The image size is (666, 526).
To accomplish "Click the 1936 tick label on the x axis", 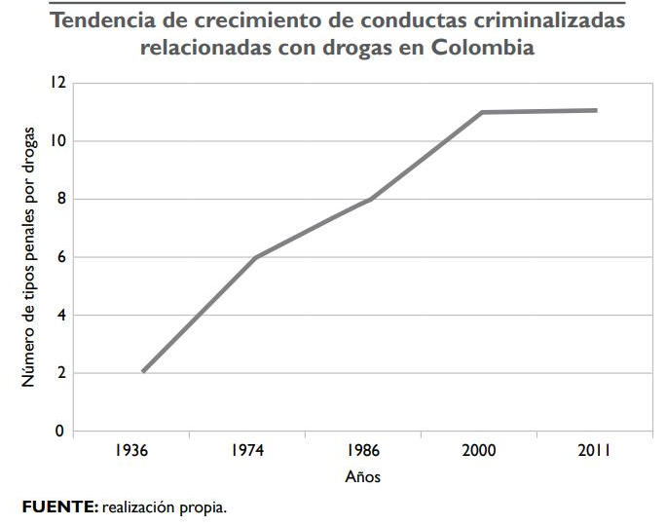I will pos(131,451).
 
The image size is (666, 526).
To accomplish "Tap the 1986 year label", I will pos(362,451).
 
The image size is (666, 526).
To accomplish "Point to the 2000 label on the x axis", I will pos(479,451).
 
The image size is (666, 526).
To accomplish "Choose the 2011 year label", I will pos(593,451).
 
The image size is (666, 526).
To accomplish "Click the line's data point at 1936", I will pos(143,371).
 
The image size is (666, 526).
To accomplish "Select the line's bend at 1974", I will pos(255,257).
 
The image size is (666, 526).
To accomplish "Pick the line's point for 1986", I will pos(370,199).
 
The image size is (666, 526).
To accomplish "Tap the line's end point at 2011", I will pos(595,110).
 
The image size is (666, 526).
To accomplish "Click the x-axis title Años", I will pos(363,477).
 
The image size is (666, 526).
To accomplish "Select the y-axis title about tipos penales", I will pos(29,257).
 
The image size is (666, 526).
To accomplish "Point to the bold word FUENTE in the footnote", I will pos(58,507).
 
